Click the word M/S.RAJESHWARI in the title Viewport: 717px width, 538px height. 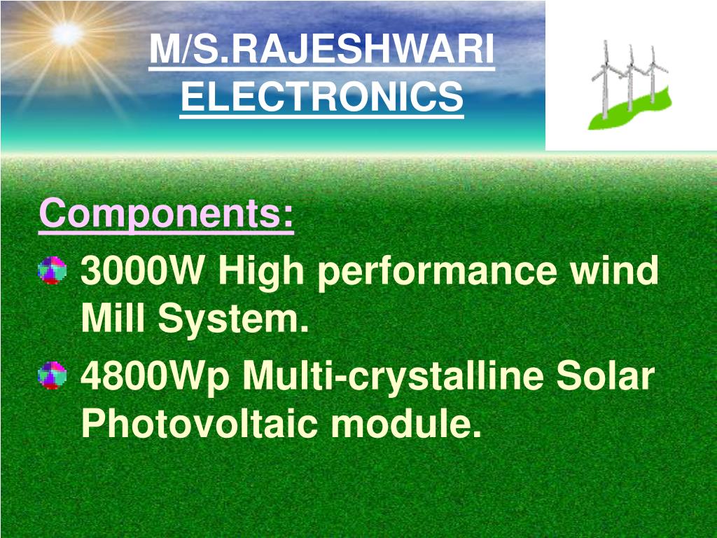[321, 50]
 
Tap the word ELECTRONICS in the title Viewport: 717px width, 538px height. [321, 96]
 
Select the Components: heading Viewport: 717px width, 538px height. [167, 214]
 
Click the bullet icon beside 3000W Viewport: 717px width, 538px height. [52, 270]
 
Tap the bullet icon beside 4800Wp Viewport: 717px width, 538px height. [52, 375]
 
